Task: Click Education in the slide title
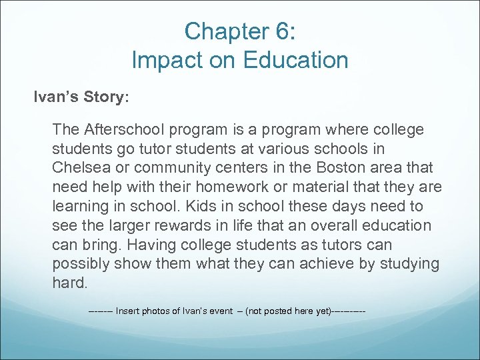[295, 60]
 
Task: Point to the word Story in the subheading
[104, 97]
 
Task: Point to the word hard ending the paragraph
[69, 283]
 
